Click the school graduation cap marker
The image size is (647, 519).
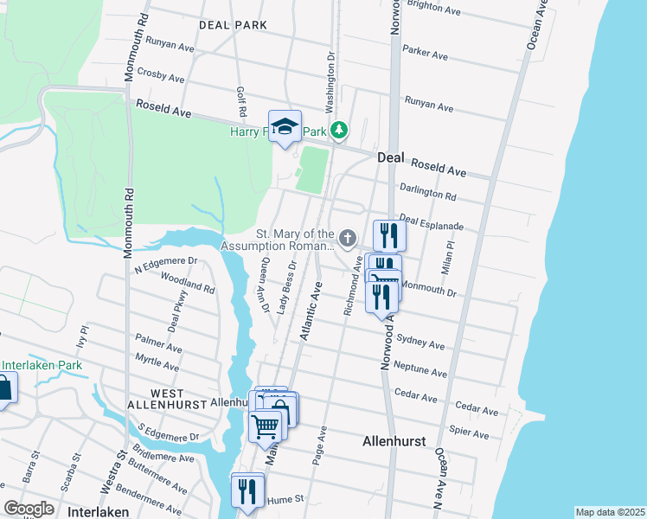point(285,128)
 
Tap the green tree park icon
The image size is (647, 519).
point(341,131)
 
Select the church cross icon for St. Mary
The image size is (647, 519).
point(348,237)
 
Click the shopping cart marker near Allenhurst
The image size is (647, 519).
point(266,424)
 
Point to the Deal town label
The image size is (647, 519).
point(392,158)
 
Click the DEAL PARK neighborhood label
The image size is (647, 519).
point(233,25)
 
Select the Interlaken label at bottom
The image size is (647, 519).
point(100,511)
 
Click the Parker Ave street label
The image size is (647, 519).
point(425,54)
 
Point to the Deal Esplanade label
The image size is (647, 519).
point(432,224)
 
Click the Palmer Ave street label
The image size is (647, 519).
point(159,346)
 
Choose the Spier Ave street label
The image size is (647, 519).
point(469,433)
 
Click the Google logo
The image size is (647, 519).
point(29,509)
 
